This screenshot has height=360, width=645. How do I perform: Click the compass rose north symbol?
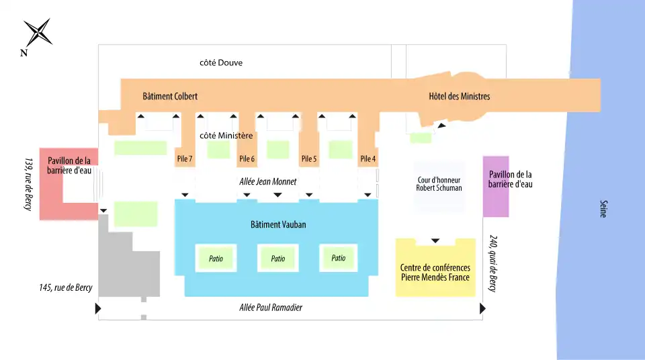coord(38,32)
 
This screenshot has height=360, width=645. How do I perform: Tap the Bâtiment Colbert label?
coord(170,96)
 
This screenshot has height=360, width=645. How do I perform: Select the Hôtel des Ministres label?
coord(459,96)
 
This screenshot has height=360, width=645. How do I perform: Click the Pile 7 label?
coord(185,159)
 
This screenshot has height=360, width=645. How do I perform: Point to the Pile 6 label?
coord(247,159)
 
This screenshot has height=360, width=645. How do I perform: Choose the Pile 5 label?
coord(309,159)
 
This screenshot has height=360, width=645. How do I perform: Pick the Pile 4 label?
coord(368,159)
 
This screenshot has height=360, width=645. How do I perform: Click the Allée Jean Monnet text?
coord(268,181)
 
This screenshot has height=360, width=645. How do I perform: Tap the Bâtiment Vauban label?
coord(278,224)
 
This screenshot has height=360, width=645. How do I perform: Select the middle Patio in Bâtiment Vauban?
coord(278,259)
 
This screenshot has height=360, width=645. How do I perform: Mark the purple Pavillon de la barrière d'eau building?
coord(496,186)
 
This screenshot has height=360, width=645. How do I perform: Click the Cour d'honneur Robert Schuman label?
coord(439,184)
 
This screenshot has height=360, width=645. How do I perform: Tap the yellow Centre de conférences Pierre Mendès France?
coord(435,267)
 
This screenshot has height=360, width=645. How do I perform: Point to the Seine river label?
coord(603,209)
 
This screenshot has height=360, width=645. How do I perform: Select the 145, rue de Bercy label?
coord(66,287)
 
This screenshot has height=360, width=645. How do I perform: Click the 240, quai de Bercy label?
coord(493,263)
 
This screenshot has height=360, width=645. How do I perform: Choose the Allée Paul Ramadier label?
coord(271,308)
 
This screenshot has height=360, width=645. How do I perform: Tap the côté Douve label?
coord(221,63)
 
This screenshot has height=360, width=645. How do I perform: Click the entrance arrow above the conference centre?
coord(435,240)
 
